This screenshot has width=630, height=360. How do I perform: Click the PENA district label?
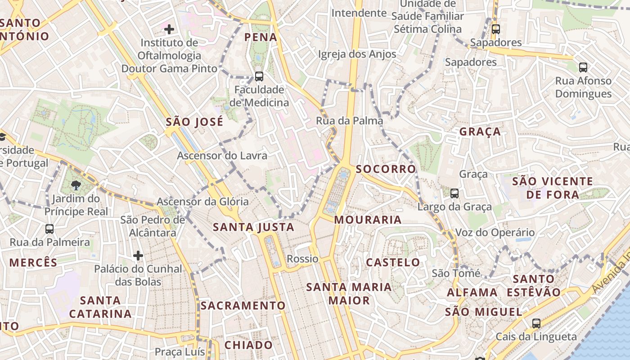point(261,37)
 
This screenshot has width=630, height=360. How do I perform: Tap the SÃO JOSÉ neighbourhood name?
point(194,122)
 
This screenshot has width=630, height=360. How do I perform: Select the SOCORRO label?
point(386,169)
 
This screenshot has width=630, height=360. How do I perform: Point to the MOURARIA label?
point(368,220)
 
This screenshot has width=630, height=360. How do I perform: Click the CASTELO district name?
point(393,262)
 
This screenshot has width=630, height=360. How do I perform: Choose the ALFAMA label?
point(472,292)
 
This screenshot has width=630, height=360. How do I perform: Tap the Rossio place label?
point(302,259)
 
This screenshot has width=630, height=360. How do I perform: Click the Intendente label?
point(359,13)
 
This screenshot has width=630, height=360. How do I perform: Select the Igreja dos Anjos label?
point(357,54)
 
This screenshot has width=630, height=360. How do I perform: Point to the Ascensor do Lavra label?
point(222,156)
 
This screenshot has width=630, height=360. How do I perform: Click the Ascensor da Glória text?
point(202,202)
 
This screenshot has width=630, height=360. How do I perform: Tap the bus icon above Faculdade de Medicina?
point(259,76)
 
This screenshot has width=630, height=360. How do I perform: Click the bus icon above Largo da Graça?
point(454,193)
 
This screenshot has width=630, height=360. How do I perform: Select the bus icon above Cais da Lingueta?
point(536,324)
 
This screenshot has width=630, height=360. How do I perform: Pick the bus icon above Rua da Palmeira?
point(49,229)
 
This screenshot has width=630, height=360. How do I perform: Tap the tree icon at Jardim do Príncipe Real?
point(76,185)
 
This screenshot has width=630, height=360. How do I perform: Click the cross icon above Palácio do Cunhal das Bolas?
point(138,256)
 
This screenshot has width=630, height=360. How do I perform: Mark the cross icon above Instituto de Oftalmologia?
point(169,30)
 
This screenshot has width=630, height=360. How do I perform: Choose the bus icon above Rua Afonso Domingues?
point(583,67)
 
